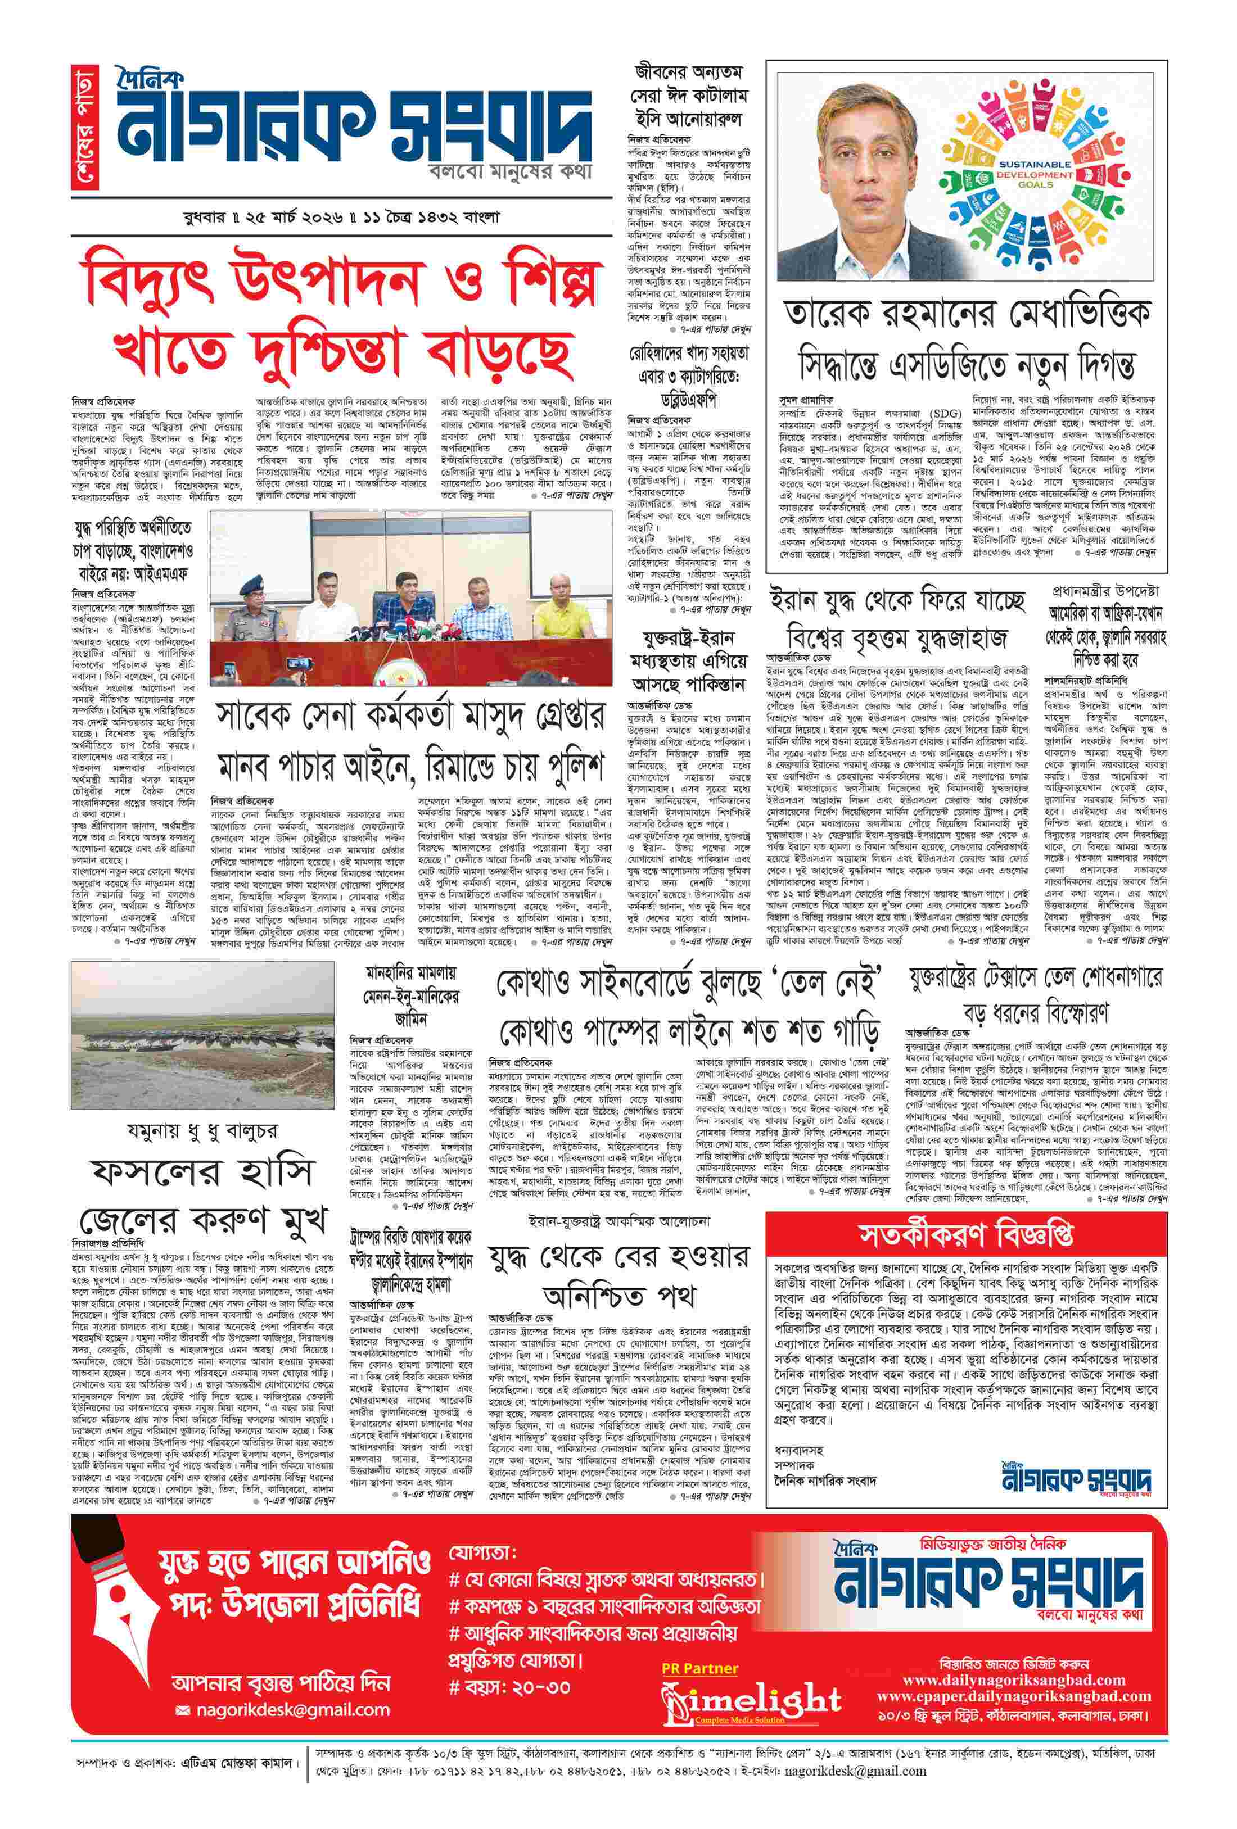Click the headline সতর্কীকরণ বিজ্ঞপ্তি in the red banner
[x=965, y=1234]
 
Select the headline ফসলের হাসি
[x=202, y=1172]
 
